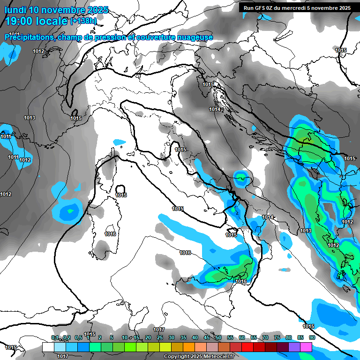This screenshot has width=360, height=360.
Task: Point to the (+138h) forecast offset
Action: pyautogui.click(x=83, y=21)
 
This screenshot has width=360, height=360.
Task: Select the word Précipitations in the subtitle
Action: pyautogui.click(x=29, y=37)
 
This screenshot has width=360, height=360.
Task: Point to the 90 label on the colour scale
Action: pyautogui.click(x=312, y=337)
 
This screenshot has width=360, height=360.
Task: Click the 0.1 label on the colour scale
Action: pyautogui.click(x=55, y=337)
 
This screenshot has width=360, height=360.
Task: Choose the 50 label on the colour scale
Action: pyautogui.click(x=218, y=337)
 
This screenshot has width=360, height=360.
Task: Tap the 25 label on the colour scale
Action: pyautogui.click(x=159, y=337)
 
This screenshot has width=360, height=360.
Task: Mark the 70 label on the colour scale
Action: pyautogui.click(x=265, y=337)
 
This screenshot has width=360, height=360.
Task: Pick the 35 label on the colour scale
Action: pyautogui.click(x=183, y=337)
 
